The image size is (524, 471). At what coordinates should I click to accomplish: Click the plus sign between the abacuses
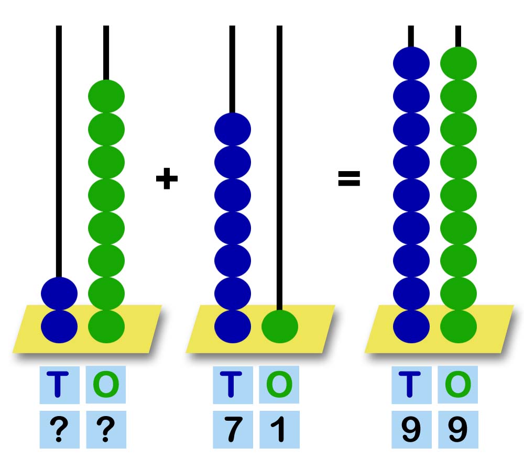pyautogui.click(x=167, y=180)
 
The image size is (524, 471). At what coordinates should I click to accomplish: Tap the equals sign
pyautogui.click(x=349, y=179)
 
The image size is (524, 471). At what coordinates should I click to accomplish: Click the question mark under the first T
pyautogui.click(x=59, y=430)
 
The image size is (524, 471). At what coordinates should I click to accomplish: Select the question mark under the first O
pyautogui.click(x=106, y=430)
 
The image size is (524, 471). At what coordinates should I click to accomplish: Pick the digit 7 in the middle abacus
pyautogui.click(x=233, y=430)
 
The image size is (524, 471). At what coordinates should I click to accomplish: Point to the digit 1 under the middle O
pyautogui.click(x=279, y=430)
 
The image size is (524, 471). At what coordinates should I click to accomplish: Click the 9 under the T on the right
pyautogui.click(x=411, y=430)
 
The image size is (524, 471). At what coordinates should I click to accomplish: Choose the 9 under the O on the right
pyautogui.click(x=458, y=430)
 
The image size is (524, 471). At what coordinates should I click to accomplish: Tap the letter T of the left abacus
pyautogui.click(x=59, y=385)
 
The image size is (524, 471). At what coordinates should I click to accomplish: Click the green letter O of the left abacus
pyautogui.click(x=106, y=385)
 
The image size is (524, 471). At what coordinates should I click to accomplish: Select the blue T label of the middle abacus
pyautogui.click(x=233, y=385)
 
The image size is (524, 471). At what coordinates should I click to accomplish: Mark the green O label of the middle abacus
pyautogui.click(x=279, y=385)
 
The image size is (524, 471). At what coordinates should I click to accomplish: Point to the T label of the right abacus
pyautogui.click(x=411, y=385)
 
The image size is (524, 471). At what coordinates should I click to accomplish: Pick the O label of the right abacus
pyautogui.click(x=458, y=385)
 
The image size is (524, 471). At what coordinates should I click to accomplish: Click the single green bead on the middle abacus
pyautogui.click(x=280, y=327)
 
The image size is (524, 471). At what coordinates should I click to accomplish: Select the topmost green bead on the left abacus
pyautogui.click(x=106, y=96)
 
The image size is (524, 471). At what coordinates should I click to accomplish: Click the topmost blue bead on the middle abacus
pyautogui.click(x=233, y=129)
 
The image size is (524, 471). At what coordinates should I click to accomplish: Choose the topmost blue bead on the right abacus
pyautogui.click(x=411, y=63)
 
